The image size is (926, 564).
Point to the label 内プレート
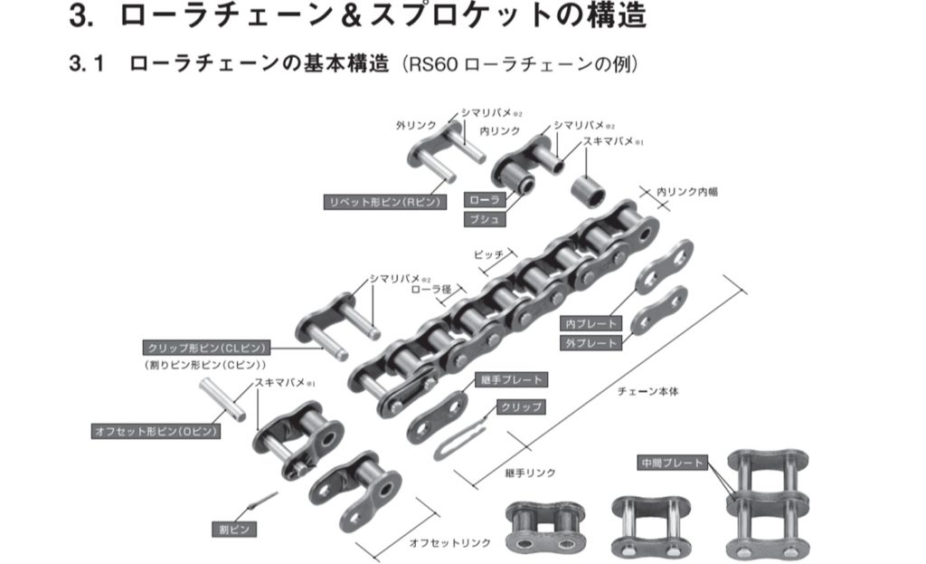click(591, 323)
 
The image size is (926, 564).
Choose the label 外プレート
click(591, 343)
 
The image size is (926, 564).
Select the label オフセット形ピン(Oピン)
click(156, 432)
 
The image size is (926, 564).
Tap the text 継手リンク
click(530, 473)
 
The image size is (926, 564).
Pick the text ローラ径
click(430, 290)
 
